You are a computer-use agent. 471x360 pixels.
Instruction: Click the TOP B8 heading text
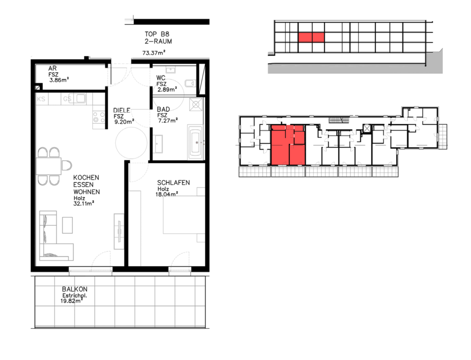157,34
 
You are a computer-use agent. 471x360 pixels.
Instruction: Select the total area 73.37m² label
154,53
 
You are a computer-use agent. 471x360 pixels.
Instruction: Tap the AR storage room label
52,69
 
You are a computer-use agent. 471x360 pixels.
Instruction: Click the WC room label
161,78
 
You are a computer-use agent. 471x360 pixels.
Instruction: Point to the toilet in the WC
190,83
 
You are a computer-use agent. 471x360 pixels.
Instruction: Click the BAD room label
163,109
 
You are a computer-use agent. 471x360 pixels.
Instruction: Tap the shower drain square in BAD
196,104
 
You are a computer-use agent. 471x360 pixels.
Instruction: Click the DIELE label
121,110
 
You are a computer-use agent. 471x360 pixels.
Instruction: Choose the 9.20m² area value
124,122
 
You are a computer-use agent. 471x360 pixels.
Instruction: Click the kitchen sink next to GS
80,98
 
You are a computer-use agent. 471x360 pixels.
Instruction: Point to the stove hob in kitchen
98,117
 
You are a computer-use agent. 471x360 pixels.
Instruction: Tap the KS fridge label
41,99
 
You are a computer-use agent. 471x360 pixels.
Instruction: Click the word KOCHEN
86,177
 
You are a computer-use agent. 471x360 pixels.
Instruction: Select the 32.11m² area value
84,204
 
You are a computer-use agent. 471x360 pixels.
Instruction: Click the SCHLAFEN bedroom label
173,183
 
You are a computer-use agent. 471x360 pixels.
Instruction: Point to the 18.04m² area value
167,194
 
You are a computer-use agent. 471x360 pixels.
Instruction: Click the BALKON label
75,289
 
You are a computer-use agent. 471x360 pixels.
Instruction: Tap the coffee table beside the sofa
67,225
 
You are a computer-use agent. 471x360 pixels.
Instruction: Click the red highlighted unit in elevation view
311,38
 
